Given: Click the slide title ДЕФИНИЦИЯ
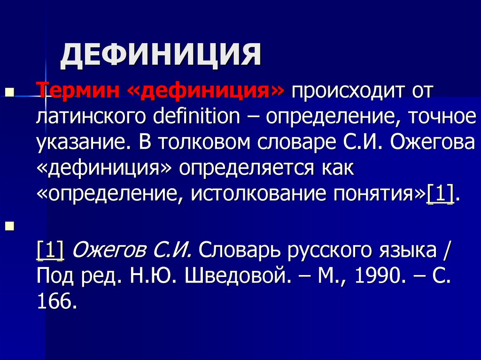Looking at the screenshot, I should [x=160, y=55].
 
